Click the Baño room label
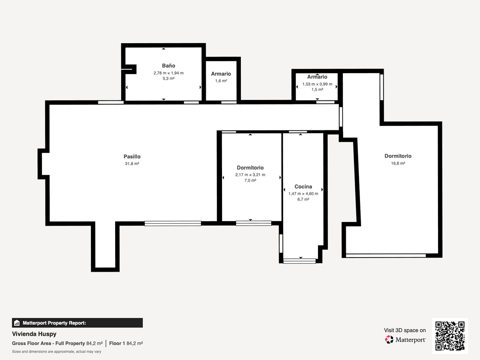click(x=168, y=66)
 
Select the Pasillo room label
click(x=132, y=156)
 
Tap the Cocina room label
click(x=303, y=186)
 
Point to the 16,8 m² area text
click(x=398, y=163)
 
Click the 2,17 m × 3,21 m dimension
click(x=250, y=175)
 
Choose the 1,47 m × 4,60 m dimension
click(x=303, y=194)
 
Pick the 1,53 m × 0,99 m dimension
click(x=317, y=84)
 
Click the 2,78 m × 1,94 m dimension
click(x=168, y=73)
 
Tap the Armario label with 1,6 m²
click(x=221, y=74)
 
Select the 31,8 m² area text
click(x=132, y=164)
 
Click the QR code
click(x=450, y=336)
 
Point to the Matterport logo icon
click(x=389, y=340)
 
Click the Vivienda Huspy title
click(x=34, y=334)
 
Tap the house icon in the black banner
click(x=17, y=323)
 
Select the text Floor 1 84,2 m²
click(x=126, y=343)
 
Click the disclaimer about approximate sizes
click(x=56, y=352)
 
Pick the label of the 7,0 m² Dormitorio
click(x=250, y=168)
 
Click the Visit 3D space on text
click(x=405, y=330)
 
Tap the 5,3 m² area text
click(x=168, y=78)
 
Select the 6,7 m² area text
click(x=303, y=199)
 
